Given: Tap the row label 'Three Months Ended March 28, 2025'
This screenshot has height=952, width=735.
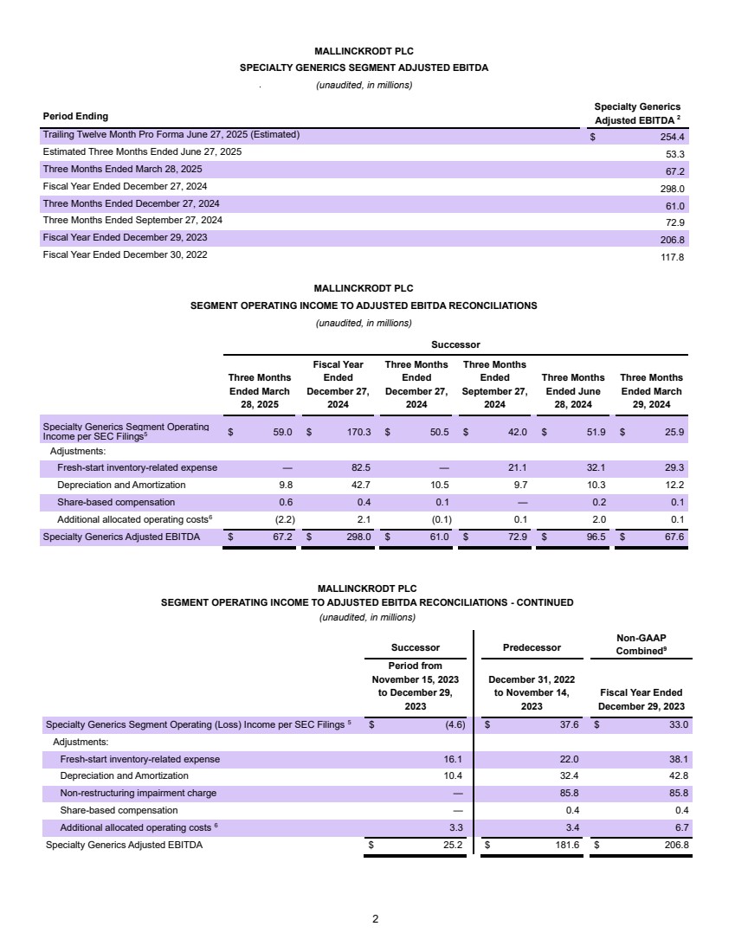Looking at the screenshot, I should tap(123, 170).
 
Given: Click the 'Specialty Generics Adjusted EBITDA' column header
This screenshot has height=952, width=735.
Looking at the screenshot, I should tap(637, 113).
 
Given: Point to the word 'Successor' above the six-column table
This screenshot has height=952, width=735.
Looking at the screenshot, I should tap(455, 344).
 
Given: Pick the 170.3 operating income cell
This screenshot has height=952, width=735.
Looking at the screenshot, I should tap(358, 431).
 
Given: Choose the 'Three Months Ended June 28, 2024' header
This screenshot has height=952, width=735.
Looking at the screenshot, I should tap(573, 391).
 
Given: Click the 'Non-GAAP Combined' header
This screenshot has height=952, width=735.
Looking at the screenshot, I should tap(641, 644).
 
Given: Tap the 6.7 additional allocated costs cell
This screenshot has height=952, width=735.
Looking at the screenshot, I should tap(680, 827).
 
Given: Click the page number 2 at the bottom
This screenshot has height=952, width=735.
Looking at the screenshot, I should tap(375, 919).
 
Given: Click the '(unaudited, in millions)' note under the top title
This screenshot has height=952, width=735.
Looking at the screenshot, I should tap(364, 85).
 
